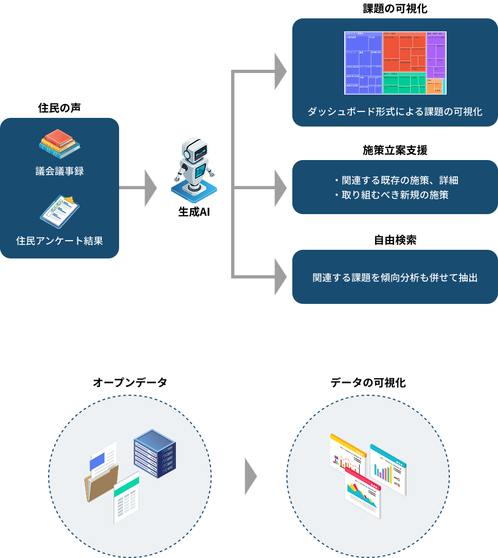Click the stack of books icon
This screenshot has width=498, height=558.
click(60, 143)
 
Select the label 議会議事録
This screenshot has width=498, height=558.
click(60, 171)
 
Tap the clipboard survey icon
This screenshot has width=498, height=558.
click(60, 211)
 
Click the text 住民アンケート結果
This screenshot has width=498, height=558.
click(60, 241)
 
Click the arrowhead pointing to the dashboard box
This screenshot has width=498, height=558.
click(280, 71)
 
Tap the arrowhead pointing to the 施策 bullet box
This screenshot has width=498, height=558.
click(280, 188)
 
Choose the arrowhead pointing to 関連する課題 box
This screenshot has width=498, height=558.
click(280, 277)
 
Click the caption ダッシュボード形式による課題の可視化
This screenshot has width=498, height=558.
click(395, 112)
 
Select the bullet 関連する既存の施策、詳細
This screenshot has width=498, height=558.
click(399, 180)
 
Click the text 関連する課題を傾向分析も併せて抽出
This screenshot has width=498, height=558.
click(395, 278)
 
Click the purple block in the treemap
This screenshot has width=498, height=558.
click(435, 59)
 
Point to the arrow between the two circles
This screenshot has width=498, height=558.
click(250, 476)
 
